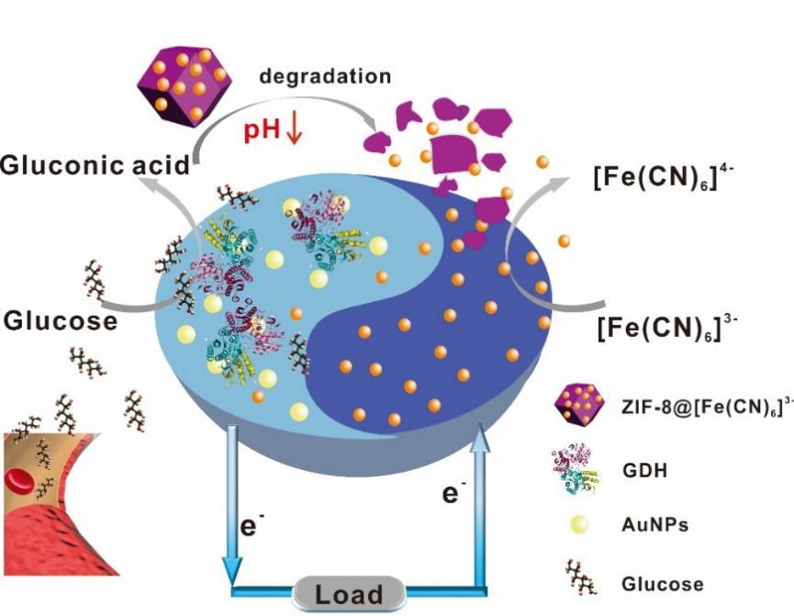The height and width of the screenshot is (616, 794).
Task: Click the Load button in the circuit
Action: click(348, 594)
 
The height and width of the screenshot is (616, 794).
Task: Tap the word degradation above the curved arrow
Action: click(325, 76)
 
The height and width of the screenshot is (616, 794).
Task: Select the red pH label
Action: click(263, 130)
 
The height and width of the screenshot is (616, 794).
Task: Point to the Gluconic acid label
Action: click(95, 165)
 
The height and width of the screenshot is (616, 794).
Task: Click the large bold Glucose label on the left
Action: click(61, 321)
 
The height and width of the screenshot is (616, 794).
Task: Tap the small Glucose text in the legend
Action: click(663, 584)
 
